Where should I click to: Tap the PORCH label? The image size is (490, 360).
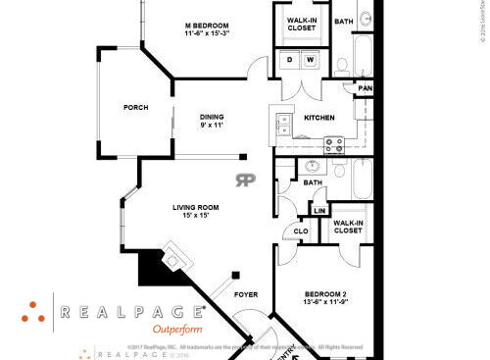coord(135,108)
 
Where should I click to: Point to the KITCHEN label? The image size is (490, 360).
coord(319,118)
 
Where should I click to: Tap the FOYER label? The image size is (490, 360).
coord(246,294)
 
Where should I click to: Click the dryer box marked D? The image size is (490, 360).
coord(290,61)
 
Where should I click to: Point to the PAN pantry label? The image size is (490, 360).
coord(365,89)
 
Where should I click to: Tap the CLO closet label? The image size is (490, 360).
coord(302,232)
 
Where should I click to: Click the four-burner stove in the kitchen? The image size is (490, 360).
coord(334,144)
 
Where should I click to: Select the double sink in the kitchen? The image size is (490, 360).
coord(283,125)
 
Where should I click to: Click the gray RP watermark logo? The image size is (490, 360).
coord(244,180)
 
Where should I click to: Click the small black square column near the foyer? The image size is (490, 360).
coord(235,276)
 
